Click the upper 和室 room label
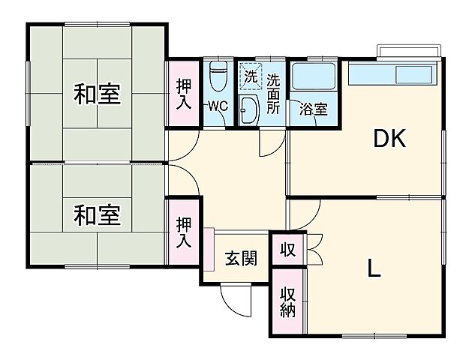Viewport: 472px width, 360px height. (97, 95)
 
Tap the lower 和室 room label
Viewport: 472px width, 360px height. (97, 215)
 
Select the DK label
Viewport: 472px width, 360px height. (389, 139)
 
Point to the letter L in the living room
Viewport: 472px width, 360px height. (373, 267)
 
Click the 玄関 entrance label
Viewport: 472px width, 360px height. (241, 259)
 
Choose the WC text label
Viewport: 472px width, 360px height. (218, 105)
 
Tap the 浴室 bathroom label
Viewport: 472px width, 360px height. (313, 109)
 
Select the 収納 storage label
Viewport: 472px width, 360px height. (287, 301)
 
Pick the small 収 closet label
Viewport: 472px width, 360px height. (287, 248)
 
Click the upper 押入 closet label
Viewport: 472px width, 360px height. (183, 94)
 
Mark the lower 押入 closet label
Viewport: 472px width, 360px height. (183, 232)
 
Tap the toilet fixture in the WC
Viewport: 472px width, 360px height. (218, 76)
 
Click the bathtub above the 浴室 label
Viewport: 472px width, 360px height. (313, 76)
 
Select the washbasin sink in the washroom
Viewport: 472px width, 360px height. (250, 109)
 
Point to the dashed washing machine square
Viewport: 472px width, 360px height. (250, 75)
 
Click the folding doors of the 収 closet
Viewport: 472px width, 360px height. (314, 248)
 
